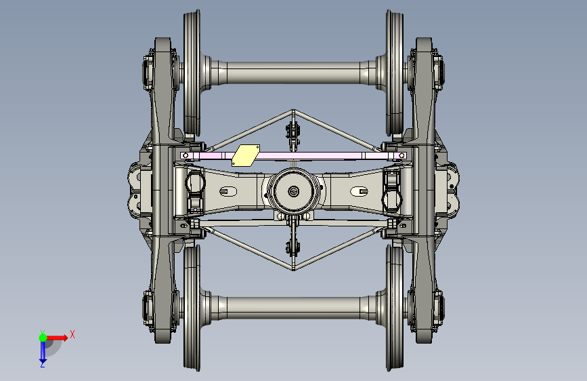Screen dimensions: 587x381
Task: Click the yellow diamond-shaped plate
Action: [246, 155]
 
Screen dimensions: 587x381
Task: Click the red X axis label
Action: [72, 334]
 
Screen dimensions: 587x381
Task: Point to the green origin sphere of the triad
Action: [43, 338]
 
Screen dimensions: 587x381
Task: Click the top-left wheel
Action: [192, 73]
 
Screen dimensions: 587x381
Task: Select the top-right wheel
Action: [395, 73]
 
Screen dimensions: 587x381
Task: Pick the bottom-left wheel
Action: [192, 308]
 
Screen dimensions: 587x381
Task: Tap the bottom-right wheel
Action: [395, 308]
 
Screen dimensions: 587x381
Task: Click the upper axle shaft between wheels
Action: [294, 73]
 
